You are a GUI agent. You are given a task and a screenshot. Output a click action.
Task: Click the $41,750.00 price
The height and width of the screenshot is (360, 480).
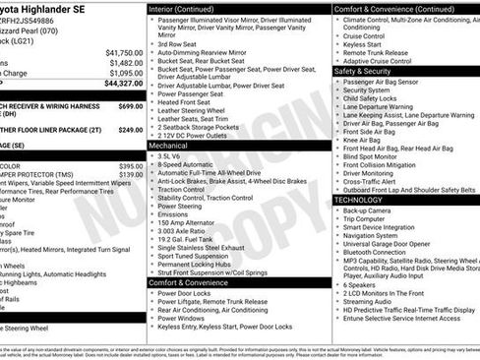pos(123,52)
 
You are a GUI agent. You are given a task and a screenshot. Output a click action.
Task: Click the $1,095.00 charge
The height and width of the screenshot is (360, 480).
pos(125,73)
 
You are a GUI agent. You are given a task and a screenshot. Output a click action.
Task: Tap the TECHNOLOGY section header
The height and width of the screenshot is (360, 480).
pos(358,199)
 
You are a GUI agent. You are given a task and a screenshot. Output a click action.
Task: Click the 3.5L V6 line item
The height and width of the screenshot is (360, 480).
pos(173,155)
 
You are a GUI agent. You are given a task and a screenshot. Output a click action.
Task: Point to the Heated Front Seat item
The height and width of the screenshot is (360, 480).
pos(186,102)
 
